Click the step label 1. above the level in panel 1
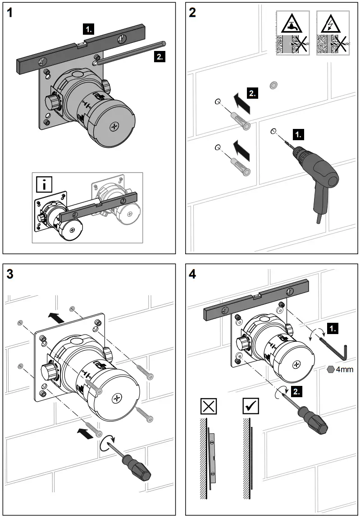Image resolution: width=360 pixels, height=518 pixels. click(89, 30)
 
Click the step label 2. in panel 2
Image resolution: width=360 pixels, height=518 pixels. click(253, 94)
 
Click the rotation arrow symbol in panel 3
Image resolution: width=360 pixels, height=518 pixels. click(109, 444)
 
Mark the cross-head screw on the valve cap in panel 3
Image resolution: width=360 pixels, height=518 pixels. click(118, 398)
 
